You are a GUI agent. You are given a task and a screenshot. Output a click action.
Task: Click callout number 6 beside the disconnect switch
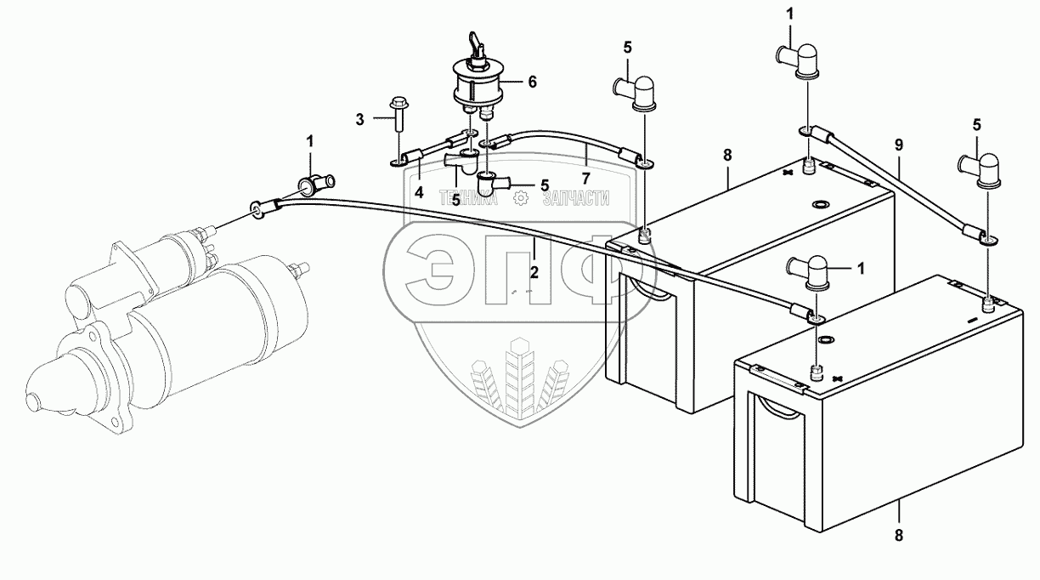(532, 82)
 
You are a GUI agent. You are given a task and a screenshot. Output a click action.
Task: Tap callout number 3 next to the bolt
(360, 119)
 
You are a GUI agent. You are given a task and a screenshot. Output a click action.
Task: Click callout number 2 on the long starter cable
(534, 272)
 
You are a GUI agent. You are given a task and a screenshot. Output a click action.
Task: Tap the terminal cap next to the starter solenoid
(316, 182)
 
